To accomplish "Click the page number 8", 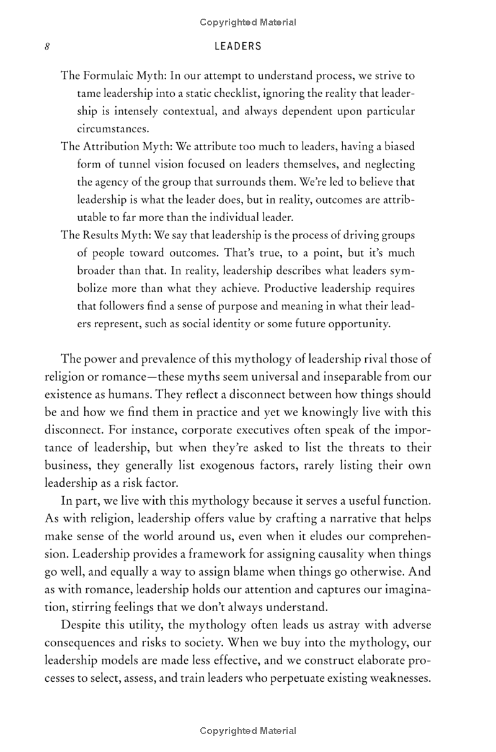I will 47,47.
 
